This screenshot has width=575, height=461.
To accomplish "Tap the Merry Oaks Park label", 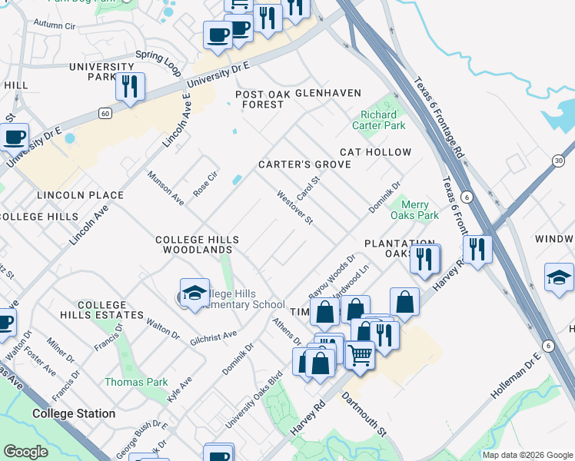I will pyautogui.click(x=415, y=210).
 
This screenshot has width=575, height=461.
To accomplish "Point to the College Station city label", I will pyautogui.click(x=74, y=413).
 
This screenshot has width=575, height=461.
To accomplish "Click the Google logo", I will pyautogui.click(x=25, y=452).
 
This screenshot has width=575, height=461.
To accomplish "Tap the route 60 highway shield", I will pyautogui.click(x=104, y=113).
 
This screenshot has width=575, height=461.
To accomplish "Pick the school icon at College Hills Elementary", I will pyautogui.click(x=194, y=293).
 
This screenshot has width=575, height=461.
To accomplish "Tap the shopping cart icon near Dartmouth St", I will pyautogui.click(x=359, y=355).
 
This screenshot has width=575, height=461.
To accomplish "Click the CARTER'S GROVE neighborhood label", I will pyautogui.click(x=304, y=164).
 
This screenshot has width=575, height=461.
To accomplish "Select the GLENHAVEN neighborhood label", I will pyautogui.click(x=328, y=93).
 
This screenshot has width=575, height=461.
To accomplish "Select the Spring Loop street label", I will pyautogui.click(x=158, y=63).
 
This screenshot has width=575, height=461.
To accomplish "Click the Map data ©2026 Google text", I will pyautogui.click(x=527, y=455).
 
